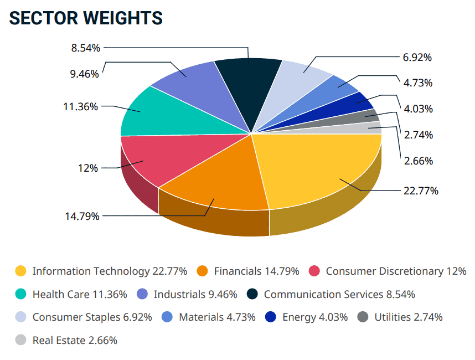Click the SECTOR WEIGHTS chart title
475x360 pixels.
(86, 18)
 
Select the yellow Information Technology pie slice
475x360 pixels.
(316, 166)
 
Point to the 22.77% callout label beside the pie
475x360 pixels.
(420, 191)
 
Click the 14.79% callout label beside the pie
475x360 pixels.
(81, 216)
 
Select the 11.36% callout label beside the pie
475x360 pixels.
(81, 106)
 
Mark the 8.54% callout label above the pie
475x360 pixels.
(85, 48)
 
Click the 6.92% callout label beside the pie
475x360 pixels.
(417, 57)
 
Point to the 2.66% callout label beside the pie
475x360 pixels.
(419, 161)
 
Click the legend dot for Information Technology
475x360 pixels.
(21, 271)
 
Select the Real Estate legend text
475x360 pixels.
(75, 340)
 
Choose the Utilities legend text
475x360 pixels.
(408, 317)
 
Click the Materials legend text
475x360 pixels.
(216, 317)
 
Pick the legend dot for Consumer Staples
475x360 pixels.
(21, 317)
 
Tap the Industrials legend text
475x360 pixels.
(195, 294)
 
